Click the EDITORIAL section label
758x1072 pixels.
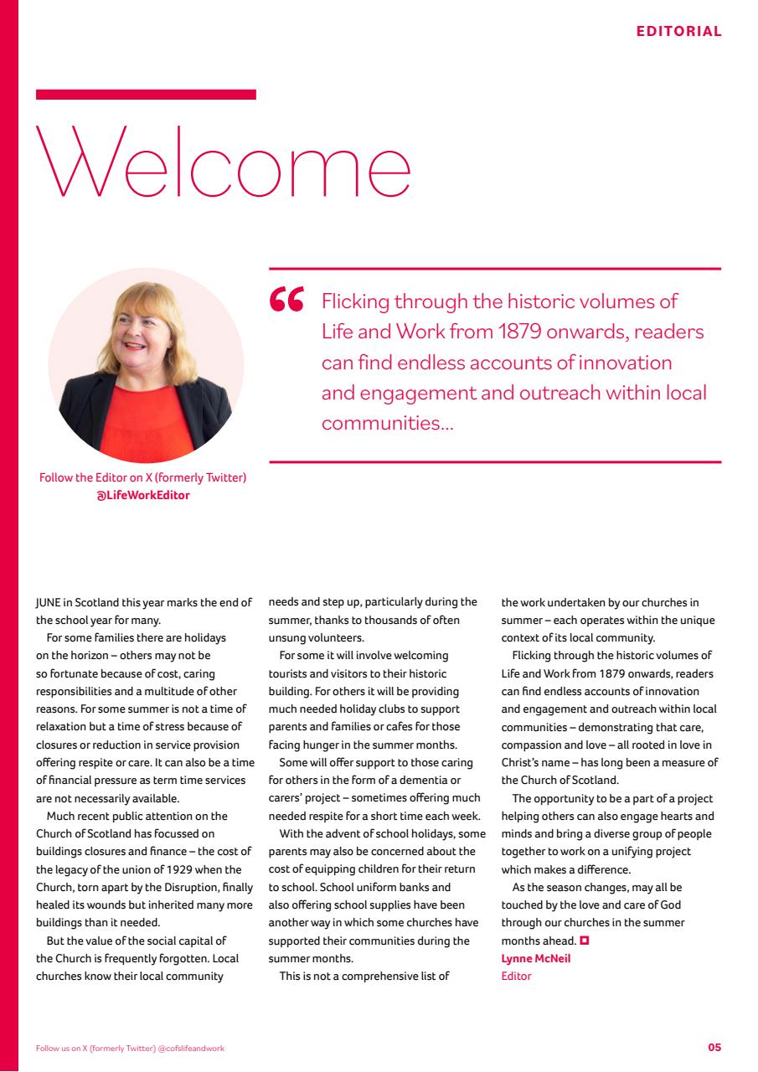678,32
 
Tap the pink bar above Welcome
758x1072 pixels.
146,95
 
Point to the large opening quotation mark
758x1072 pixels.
287,301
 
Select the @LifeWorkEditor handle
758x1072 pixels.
143,495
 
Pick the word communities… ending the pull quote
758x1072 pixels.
387,423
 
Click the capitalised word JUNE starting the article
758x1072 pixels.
48,602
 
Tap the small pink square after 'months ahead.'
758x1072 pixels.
584,941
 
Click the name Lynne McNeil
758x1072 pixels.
535,959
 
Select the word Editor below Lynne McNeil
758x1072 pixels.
516,976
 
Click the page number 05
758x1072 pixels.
714,1048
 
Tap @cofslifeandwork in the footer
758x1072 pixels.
191,1049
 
